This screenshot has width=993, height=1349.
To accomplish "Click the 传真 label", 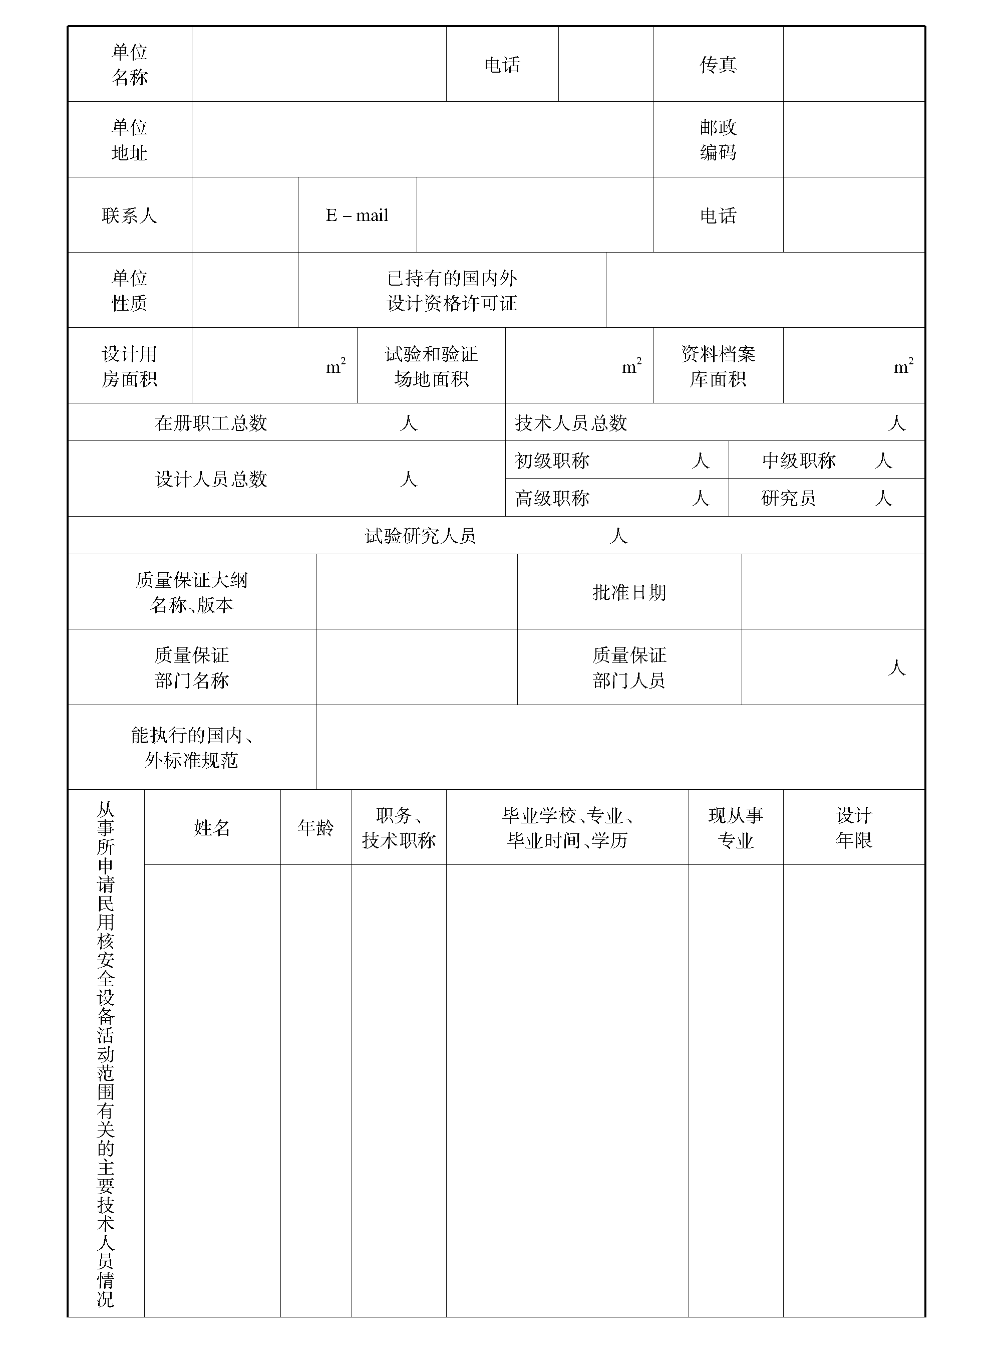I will (718, 64).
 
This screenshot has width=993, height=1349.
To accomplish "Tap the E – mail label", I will (357, 215).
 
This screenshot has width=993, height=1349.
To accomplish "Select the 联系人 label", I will (129, 215).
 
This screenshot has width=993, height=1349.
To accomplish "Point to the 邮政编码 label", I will (718, 139).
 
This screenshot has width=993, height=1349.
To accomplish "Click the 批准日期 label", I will (629, 592).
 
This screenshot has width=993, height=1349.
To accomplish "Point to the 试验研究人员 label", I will (420, 536).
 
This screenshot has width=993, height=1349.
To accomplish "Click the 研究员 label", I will (788, 498).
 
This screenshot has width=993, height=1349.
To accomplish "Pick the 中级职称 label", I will (799, 461).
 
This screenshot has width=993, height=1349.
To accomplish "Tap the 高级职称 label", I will (552, 498).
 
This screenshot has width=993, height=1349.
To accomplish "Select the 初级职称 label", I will (552, 461).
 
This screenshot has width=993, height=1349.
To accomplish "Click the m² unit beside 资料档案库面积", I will (903, 366).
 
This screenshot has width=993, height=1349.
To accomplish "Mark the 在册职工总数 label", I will (211, 423).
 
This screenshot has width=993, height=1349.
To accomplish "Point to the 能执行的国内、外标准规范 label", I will (192, 748).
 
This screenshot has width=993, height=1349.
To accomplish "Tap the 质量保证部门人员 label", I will (629, 667).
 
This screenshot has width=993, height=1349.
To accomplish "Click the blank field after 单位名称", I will (318, 64).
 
